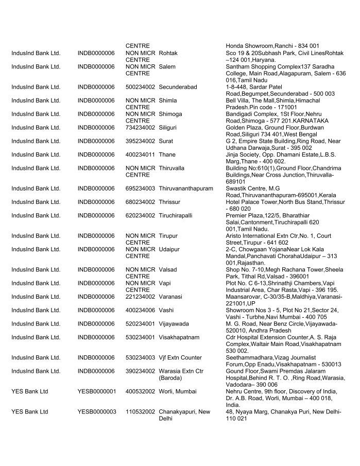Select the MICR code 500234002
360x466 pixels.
click(x=140, y=87)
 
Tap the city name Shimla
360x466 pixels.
click(x=168, y=100)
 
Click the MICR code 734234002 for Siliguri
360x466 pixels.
click(x=140, y=127)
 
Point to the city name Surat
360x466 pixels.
click(x=166, y=141)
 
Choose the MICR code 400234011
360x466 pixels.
click(x=140, y=154)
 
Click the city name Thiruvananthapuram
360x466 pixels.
click(x=185, y=188)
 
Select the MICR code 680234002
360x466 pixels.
click(x=140, y=202)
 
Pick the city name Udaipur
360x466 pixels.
click(x=169, y=249)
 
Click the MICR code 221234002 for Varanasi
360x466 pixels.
click(x=140, y=297)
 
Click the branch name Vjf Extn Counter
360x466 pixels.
click(x=180, y=357)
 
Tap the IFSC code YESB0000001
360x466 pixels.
click(x=96, y=391)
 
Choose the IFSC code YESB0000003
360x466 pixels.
click(x=96, y=411)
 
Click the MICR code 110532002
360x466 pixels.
click(x=140, y=411)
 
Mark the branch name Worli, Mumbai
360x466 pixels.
click(x=178, y=391)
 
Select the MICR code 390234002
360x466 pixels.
click(x=140, y=371)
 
